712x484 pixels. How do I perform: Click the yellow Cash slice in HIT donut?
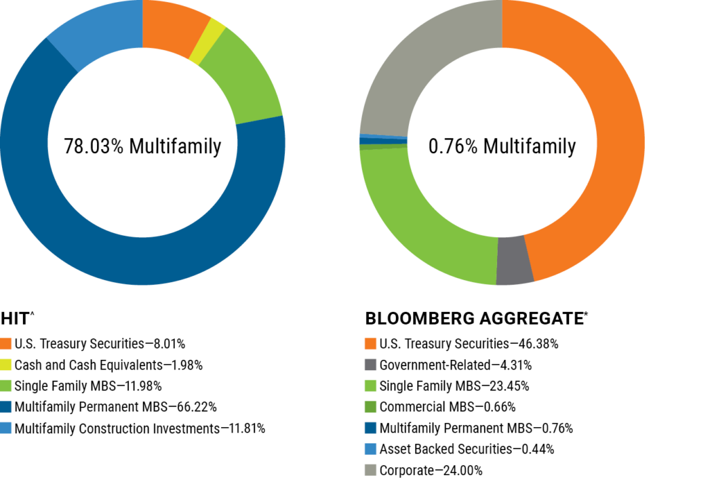207,41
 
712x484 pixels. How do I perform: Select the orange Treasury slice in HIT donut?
171,26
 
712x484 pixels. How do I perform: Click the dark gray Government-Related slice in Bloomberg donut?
514,260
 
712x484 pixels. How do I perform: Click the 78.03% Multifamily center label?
142,146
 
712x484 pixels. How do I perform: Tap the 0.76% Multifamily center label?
502,146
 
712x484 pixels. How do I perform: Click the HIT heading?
17,319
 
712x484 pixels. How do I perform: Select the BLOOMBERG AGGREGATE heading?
476,319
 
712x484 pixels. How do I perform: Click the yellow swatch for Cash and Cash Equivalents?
5,365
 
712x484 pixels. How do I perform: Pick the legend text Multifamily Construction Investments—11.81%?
140,428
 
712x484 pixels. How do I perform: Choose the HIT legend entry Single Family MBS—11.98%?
88,386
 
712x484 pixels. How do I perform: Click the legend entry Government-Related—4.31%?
456,365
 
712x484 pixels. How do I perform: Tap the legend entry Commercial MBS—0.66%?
448,407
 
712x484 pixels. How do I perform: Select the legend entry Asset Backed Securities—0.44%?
467,449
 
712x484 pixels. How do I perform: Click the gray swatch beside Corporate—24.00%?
370,470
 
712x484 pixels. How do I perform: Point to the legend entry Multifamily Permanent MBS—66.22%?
116,407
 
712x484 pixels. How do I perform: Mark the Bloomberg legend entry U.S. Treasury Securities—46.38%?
469,344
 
